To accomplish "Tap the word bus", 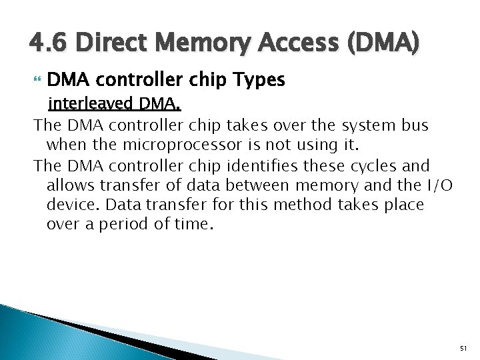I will click(x=417, y=125).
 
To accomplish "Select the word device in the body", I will click(x=69, y=205).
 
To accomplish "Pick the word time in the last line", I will click(x=191, y=225).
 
